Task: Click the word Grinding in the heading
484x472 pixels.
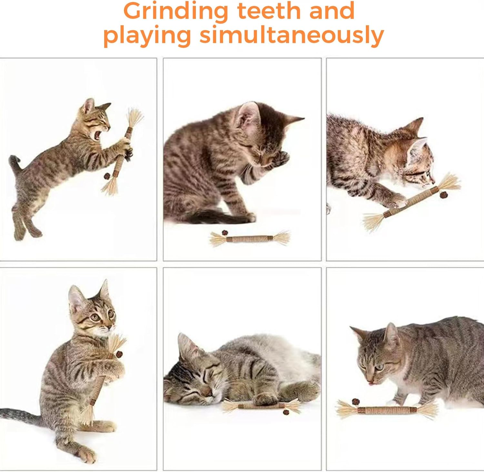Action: click(176, 11)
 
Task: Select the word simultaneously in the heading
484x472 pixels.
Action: click(291, 35)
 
